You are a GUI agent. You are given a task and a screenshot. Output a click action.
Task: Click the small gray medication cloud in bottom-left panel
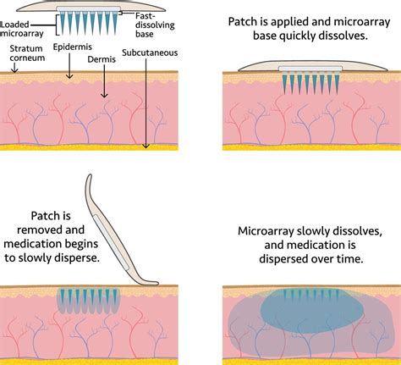pos(87,301)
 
